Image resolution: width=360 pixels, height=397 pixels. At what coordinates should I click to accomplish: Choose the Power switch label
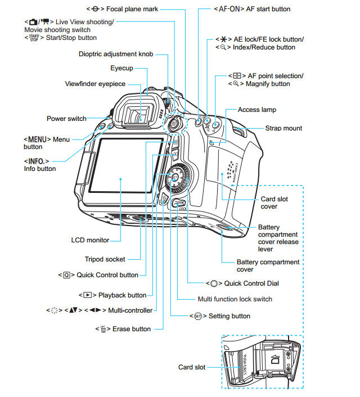66,119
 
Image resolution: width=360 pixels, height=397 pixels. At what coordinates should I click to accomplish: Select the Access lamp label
256,110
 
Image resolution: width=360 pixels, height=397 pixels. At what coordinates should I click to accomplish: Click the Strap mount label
283,128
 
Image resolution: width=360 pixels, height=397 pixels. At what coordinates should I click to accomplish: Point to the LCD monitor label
90,240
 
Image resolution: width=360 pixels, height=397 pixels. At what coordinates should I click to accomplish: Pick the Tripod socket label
105,259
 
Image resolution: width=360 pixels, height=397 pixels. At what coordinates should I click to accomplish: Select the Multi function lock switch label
235,299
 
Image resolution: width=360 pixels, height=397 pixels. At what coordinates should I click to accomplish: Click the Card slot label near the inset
192,367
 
